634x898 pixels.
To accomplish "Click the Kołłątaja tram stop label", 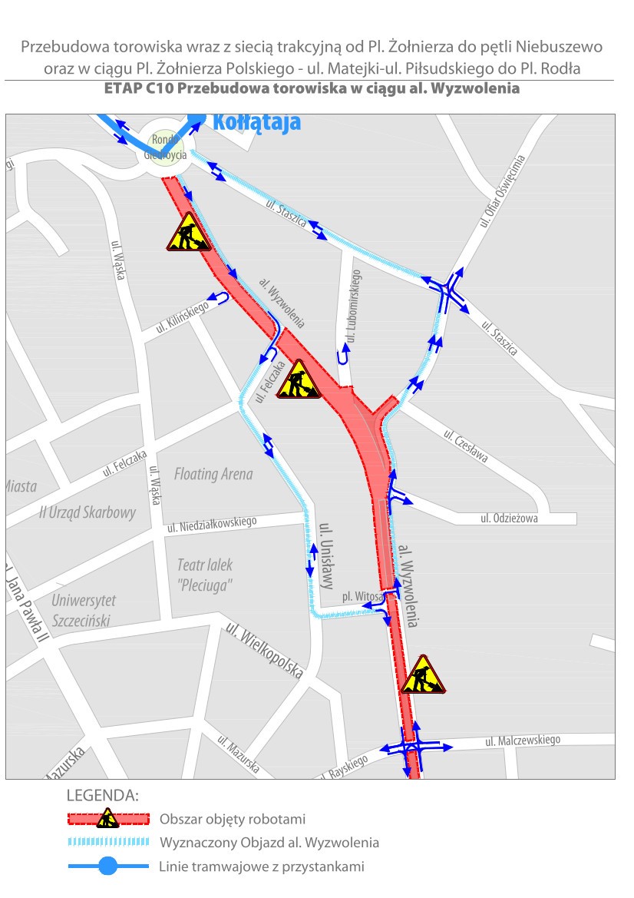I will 256,122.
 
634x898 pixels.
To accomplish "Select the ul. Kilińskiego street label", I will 182,317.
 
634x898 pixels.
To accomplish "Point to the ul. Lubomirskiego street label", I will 354,304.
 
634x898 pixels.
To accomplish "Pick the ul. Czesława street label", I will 465,446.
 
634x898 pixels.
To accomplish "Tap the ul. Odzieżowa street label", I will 509,519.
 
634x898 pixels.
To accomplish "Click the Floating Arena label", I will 213,474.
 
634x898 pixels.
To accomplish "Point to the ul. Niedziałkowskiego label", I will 211,525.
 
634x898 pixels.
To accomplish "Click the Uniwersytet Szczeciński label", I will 84,610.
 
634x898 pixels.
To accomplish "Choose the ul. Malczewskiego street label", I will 522,741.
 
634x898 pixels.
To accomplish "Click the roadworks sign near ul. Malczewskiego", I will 422,675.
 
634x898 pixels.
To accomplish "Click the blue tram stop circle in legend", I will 107,867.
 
